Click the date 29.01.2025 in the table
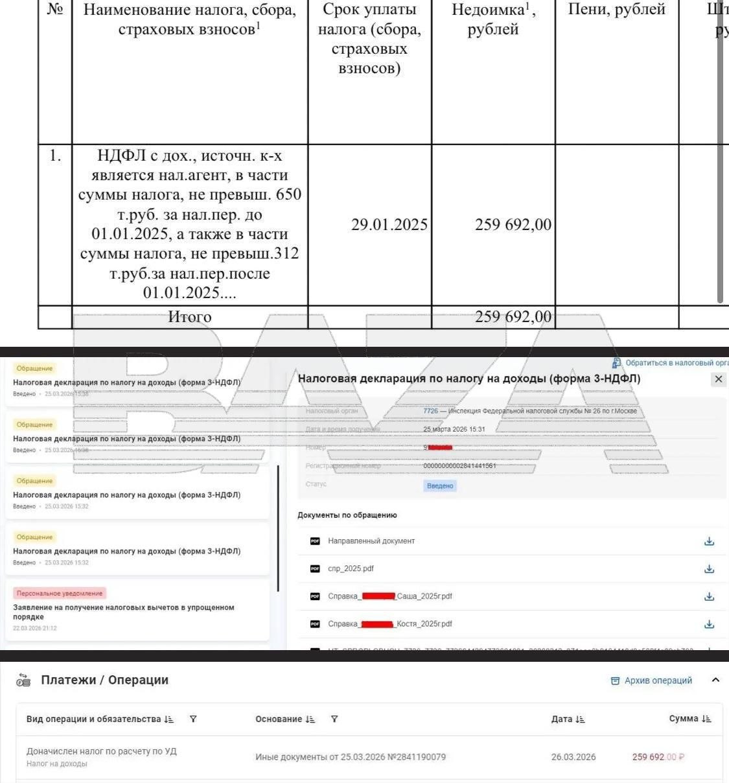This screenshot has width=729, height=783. point(389,225)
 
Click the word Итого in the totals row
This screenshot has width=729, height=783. point(189,317)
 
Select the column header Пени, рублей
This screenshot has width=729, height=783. point(616,10)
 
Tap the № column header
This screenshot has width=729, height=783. point(55,10)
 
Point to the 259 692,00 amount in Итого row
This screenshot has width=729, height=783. point(513,317)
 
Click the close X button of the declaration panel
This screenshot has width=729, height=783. point(718,379)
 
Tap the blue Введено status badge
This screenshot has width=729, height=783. point(440,485)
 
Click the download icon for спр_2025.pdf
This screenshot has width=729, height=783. point(709,568)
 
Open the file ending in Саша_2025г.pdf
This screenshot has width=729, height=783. point(389,596)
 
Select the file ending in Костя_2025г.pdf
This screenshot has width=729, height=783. point(389,624)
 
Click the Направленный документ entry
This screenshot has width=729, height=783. point(371,541)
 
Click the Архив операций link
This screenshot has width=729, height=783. point(651,681)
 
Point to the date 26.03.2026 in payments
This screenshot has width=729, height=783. point(573,757)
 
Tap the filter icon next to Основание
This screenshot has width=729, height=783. point(334,719)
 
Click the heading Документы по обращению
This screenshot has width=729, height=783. point(347,515)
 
